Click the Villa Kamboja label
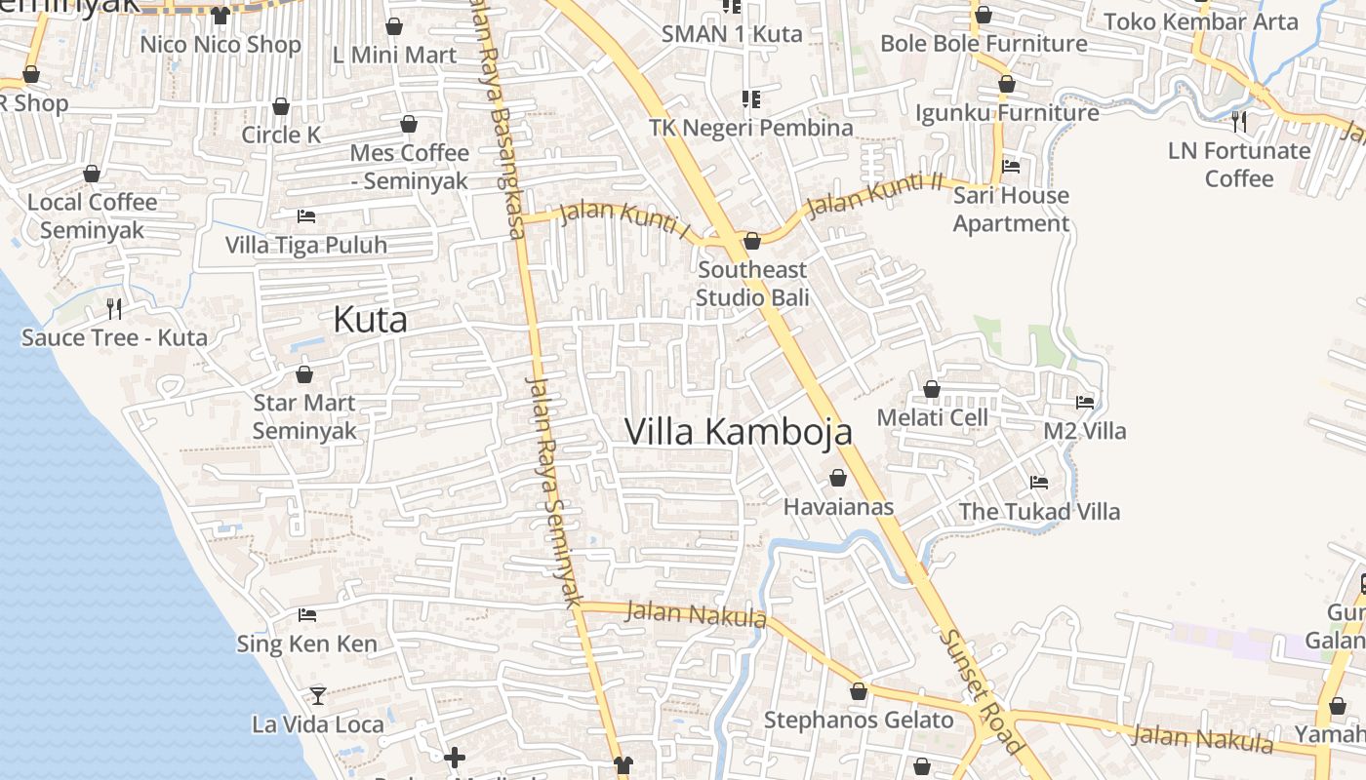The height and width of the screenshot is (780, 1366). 739,432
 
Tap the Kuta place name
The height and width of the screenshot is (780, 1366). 370,320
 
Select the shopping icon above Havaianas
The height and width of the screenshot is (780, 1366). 837,478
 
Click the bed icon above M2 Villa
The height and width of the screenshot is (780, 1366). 1084,402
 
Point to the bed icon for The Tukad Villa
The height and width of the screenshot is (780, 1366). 1039,482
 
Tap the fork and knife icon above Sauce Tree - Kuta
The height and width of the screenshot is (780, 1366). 114,309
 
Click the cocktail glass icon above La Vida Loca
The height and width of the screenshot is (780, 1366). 318,695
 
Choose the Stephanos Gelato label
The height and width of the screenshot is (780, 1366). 859,721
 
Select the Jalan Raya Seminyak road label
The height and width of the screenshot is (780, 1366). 553,491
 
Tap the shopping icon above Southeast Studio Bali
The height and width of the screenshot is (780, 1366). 752,241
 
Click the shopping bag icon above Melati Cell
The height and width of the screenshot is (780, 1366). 932,389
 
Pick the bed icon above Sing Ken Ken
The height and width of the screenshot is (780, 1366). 307,614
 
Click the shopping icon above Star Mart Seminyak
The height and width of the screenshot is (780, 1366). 304,374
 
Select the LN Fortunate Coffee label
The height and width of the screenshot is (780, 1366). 1239,165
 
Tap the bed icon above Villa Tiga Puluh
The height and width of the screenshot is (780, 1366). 306,215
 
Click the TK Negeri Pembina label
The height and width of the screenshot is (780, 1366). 751,128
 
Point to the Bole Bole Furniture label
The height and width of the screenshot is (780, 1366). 984,44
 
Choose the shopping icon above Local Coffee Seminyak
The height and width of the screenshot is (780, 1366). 92,174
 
